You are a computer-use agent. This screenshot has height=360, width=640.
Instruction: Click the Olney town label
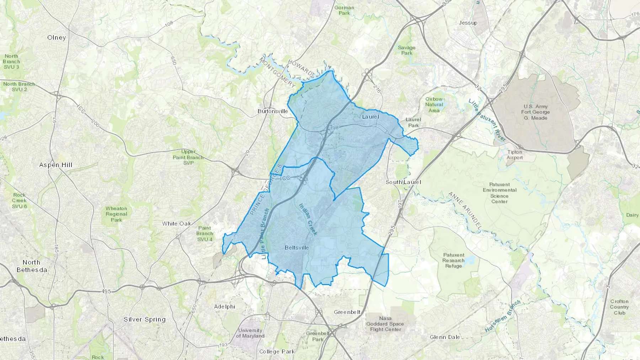[x=57, y=37]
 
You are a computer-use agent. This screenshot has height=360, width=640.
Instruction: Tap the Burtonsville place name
[x=273, y=111]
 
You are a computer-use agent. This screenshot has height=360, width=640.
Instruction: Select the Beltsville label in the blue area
[x=297, y=247]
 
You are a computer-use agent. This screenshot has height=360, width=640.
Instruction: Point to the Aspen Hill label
[x=55, y=165]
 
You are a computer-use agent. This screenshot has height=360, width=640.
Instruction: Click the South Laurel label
[x=403, y=182]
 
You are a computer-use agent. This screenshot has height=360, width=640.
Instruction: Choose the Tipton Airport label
[x=514, y=155]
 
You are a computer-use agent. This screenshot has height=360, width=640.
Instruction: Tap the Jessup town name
[x=468, y=23]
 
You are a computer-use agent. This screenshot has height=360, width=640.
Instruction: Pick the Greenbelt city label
[x=347, y=312]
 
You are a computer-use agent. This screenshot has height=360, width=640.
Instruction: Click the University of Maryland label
[x=250, y=333]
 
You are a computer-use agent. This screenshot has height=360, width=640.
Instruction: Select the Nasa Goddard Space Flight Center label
[x=385, y=324]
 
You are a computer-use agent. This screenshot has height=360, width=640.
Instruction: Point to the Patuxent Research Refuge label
[x=454, y=260]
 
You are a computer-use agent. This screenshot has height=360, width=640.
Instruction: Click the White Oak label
[x=176, y=224]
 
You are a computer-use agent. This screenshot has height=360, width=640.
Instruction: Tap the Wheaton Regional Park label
[x=116, y=214]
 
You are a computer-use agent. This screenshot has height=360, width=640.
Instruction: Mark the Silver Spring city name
[x=144, y=319]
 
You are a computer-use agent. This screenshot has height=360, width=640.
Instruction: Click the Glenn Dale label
[x=445, y=337]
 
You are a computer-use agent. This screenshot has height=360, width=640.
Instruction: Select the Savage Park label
[x=406, y=50]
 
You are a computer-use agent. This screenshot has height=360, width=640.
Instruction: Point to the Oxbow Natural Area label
[x=434, y=104]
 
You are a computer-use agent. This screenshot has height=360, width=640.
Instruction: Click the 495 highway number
[x=106, y=291]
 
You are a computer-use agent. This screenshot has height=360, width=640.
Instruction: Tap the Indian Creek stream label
[x=308, y=219]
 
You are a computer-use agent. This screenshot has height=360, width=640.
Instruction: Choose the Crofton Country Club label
[x=619, y=307]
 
